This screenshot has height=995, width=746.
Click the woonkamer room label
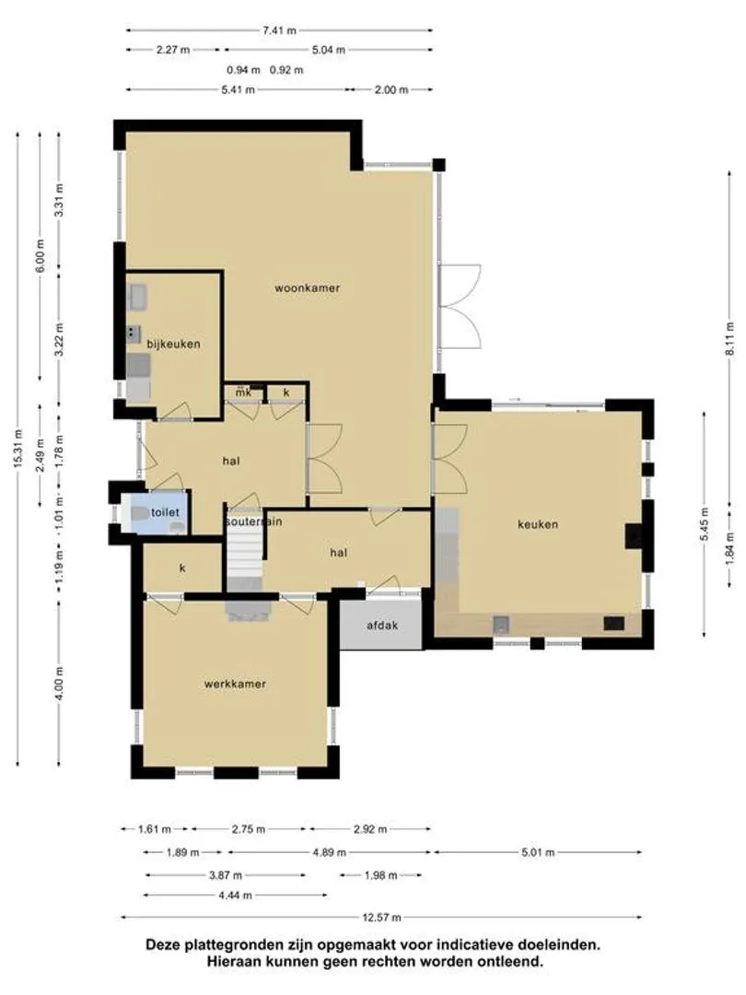(x=307, y=288)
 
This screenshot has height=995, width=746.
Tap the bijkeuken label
(x=173, y=344)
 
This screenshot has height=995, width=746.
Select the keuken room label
(x=538, y=524)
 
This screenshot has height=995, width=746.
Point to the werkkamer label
(x=235, y=684)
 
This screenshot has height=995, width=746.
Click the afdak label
(x=382, y=625)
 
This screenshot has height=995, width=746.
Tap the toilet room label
(x=165, y=512)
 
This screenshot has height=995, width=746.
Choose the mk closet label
(x=243, y=392)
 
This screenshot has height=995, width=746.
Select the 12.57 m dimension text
(x=381, y=917)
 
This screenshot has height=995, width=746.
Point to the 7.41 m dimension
(x=280, y=29)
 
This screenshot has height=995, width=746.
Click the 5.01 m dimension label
(x=538, y=852)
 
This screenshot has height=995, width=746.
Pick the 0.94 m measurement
(x=243, y=70)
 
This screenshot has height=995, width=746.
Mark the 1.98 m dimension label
(x=380, y=876)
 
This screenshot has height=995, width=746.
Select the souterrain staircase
(x=245, y=554)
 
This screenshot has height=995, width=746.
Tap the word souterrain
(x=254, y=521)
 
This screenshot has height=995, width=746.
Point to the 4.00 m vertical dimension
(x=59, y=684)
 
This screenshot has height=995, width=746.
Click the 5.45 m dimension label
(x=705, y=524)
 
